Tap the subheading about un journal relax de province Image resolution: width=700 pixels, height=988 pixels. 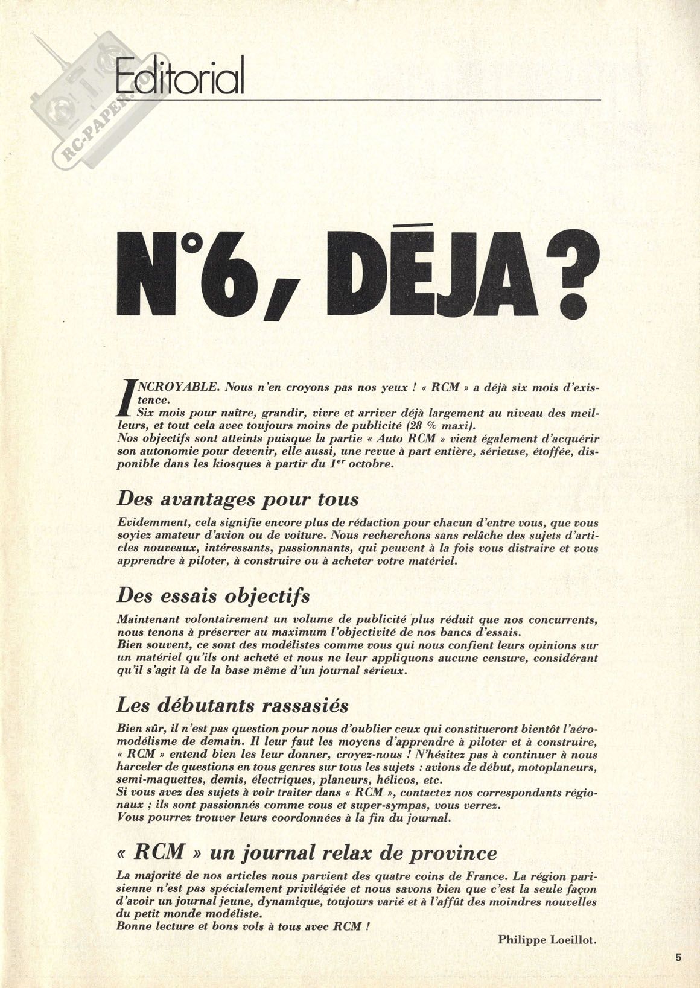[x=307, y=853]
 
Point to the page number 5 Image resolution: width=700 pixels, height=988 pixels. [x=679, y=956]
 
